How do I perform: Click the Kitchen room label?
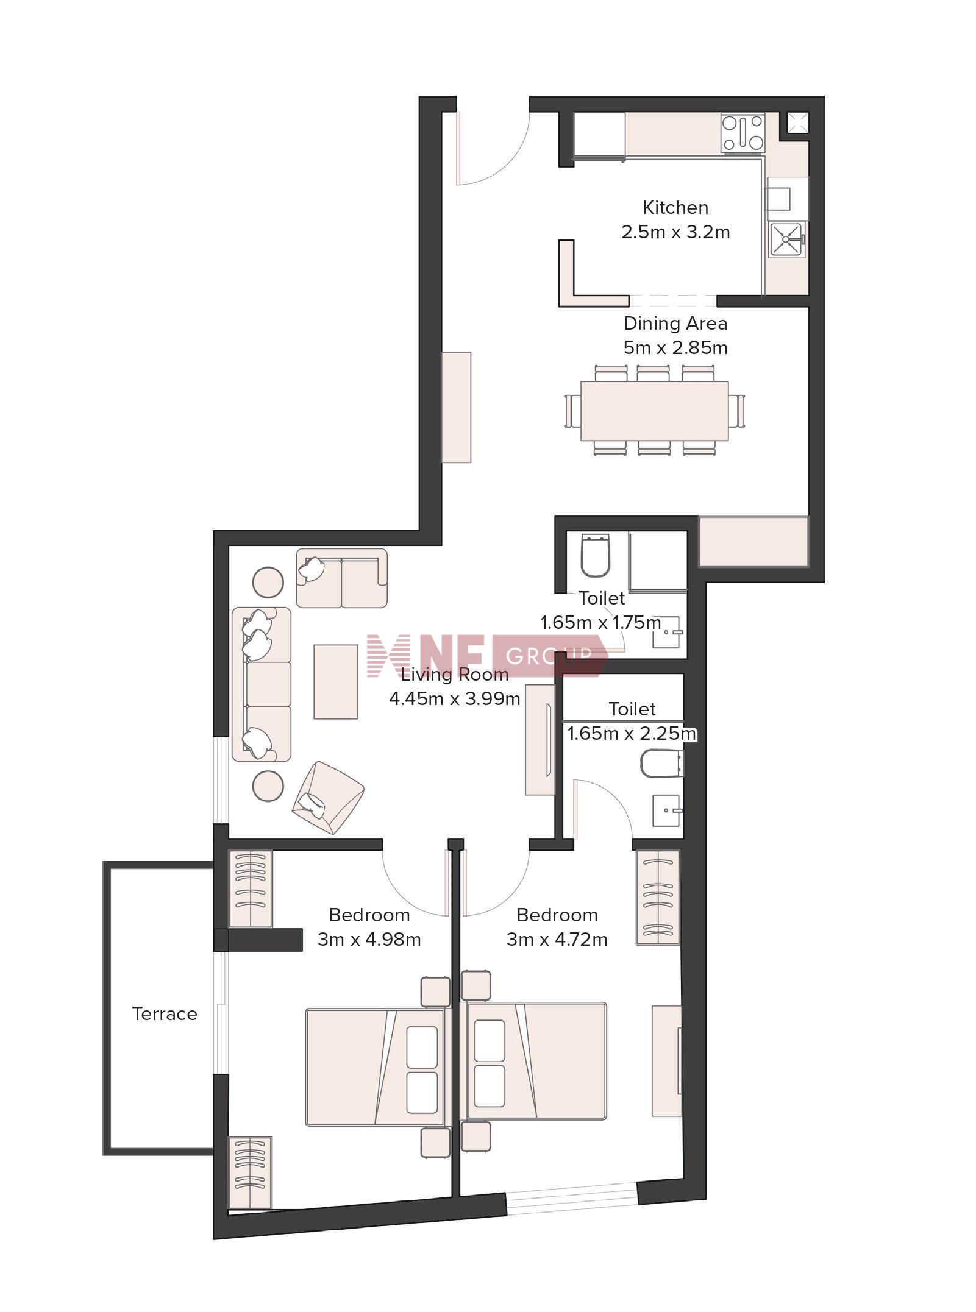(675, 208)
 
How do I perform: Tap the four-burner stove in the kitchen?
(743, 132)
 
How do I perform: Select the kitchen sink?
(786, 239)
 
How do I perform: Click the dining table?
(654, 411)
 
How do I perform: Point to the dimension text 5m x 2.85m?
(675, 348)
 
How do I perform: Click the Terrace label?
(165, 1014)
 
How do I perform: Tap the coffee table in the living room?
(336, 682)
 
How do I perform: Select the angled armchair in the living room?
(328, 798)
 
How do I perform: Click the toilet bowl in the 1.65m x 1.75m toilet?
(596, 556)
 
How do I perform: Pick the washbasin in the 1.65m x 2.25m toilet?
(666, 810)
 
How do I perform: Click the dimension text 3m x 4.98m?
(369, 940)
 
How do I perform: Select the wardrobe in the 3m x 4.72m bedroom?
(658, 898)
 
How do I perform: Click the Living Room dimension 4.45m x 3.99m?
(455, 699)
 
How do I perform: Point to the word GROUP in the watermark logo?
(549, 656)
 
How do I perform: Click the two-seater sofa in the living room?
(342, 578)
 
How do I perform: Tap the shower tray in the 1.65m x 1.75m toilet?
(658, 561)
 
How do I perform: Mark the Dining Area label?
(675, 324)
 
